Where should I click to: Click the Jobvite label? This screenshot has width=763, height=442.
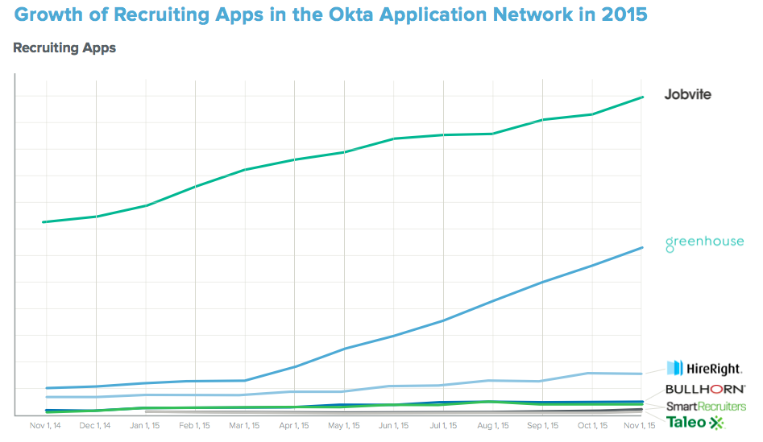(687, 95)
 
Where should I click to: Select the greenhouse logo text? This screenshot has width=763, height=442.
(704, 242)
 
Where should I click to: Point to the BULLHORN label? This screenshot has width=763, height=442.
(705, 389)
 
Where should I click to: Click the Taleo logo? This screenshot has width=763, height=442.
(695, 422)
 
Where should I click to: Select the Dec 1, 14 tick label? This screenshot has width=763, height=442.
(96, 426)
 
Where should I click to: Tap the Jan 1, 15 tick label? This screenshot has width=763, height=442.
(146, 426)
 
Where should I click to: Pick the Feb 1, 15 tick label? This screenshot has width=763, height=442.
(194, 426)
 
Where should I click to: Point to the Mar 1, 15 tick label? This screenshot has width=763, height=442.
(244, 426)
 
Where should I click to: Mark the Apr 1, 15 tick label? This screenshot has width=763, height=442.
(294, 426)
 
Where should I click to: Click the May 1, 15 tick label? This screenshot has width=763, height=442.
(344, 426)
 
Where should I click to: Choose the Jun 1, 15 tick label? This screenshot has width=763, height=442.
(394, 426)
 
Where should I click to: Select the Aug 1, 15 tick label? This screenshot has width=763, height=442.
(493, 426)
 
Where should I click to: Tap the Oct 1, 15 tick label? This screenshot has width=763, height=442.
(592, 426)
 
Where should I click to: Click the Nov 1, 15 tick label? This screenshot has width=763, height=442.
(640, 426)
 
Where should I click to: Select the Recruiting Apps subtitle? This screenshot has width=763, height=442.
(64, 48)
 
